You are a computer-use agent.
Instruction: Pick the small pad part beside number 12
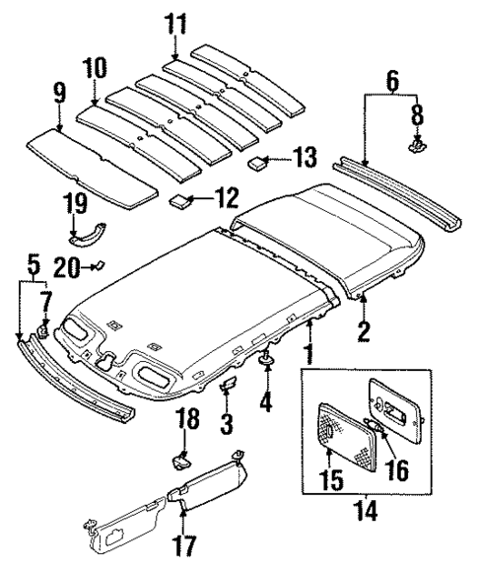(x=179, y=203)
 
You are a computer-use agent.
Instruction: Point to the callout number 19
(x=76, y=206)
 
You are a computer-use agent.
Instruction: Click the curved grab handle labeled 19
(x=90, y=236)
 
